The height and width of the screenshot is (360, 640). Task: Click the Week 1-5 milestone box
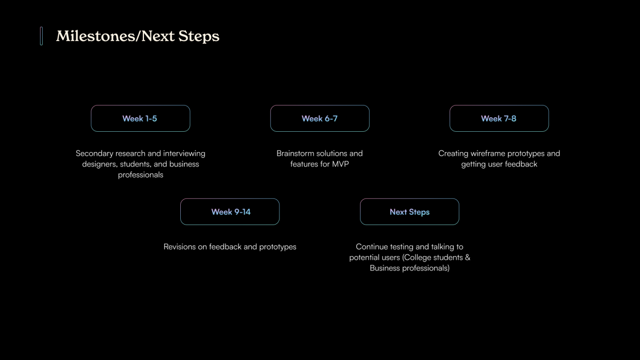tap(140, 118)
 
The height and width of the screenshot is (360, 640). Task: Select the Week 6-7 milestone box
tap(319, 118)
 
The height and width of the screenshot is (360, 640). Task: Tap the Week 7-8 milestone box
tap(499, 118)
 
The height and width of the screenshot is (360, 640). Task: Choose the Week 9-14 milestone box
tap(230, 212)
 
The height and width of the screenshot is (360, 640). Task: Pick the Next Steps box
tap(410, 212)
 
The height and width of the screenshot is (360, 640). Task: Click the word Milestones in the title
tap(95, 36)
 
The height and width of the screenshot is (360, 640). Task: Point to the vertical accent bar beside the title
tap(42, 36)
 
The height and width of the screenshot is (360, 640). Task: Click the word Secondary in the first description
tap(94, 154)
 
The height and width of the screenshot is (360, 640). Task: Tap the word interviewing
tap(184, 154)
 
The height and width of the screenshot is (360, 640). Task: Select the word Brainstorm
tap(295, 154)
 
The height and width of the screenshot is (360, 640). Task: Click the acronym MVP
tap(340, 164)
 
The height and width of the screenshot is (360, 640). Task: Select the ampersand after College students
tap(467, 258)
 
